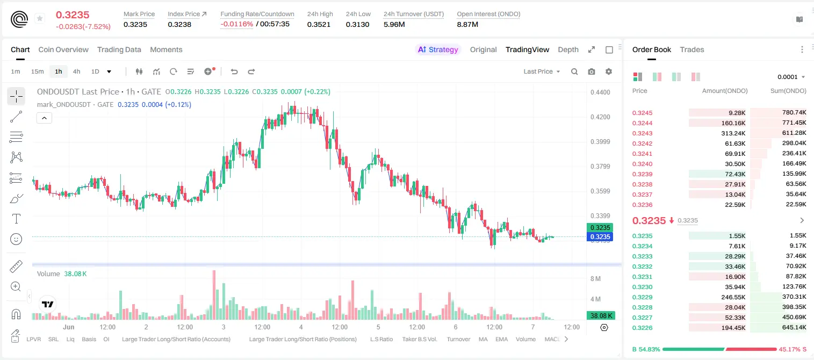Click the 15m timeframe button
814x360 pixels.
click(38, 71)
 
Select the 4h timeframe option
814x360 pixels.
click(76, 71)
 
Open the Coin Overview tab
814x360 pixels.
click(63, 49)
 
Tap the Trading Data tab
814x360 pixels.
click(119, 49)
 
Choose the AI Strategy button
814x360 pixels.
click(438, 49)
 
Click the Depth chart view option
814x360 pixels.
click(568, 49)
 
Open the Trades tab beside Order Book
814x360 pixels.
click(692, 49)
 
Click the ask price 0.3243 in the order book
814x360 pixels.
click(642, 133)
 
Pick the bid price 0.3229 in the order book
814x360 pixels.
click(642, 297)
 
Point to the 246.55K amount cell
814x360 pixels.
click(733, 297)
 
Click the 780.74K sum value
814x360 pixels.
click(794, 113)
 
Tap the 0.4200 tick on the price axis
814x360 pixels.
click(600, 117)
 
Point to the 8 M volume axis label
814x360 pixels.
click(596, 279)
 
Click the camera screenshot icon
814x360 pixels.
click(592, 71)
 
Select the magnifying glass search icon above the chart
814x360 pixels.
click(574, 71)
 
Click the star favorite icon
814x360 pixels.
click(40, 18)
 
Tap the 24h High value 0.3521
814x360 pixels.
click(319, 24)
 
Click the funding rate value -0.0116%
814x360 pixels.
click(236, 24)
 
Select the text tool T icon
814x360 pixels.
click(16, 219)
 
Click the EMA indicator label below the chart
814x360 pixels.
click(501, 339)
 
